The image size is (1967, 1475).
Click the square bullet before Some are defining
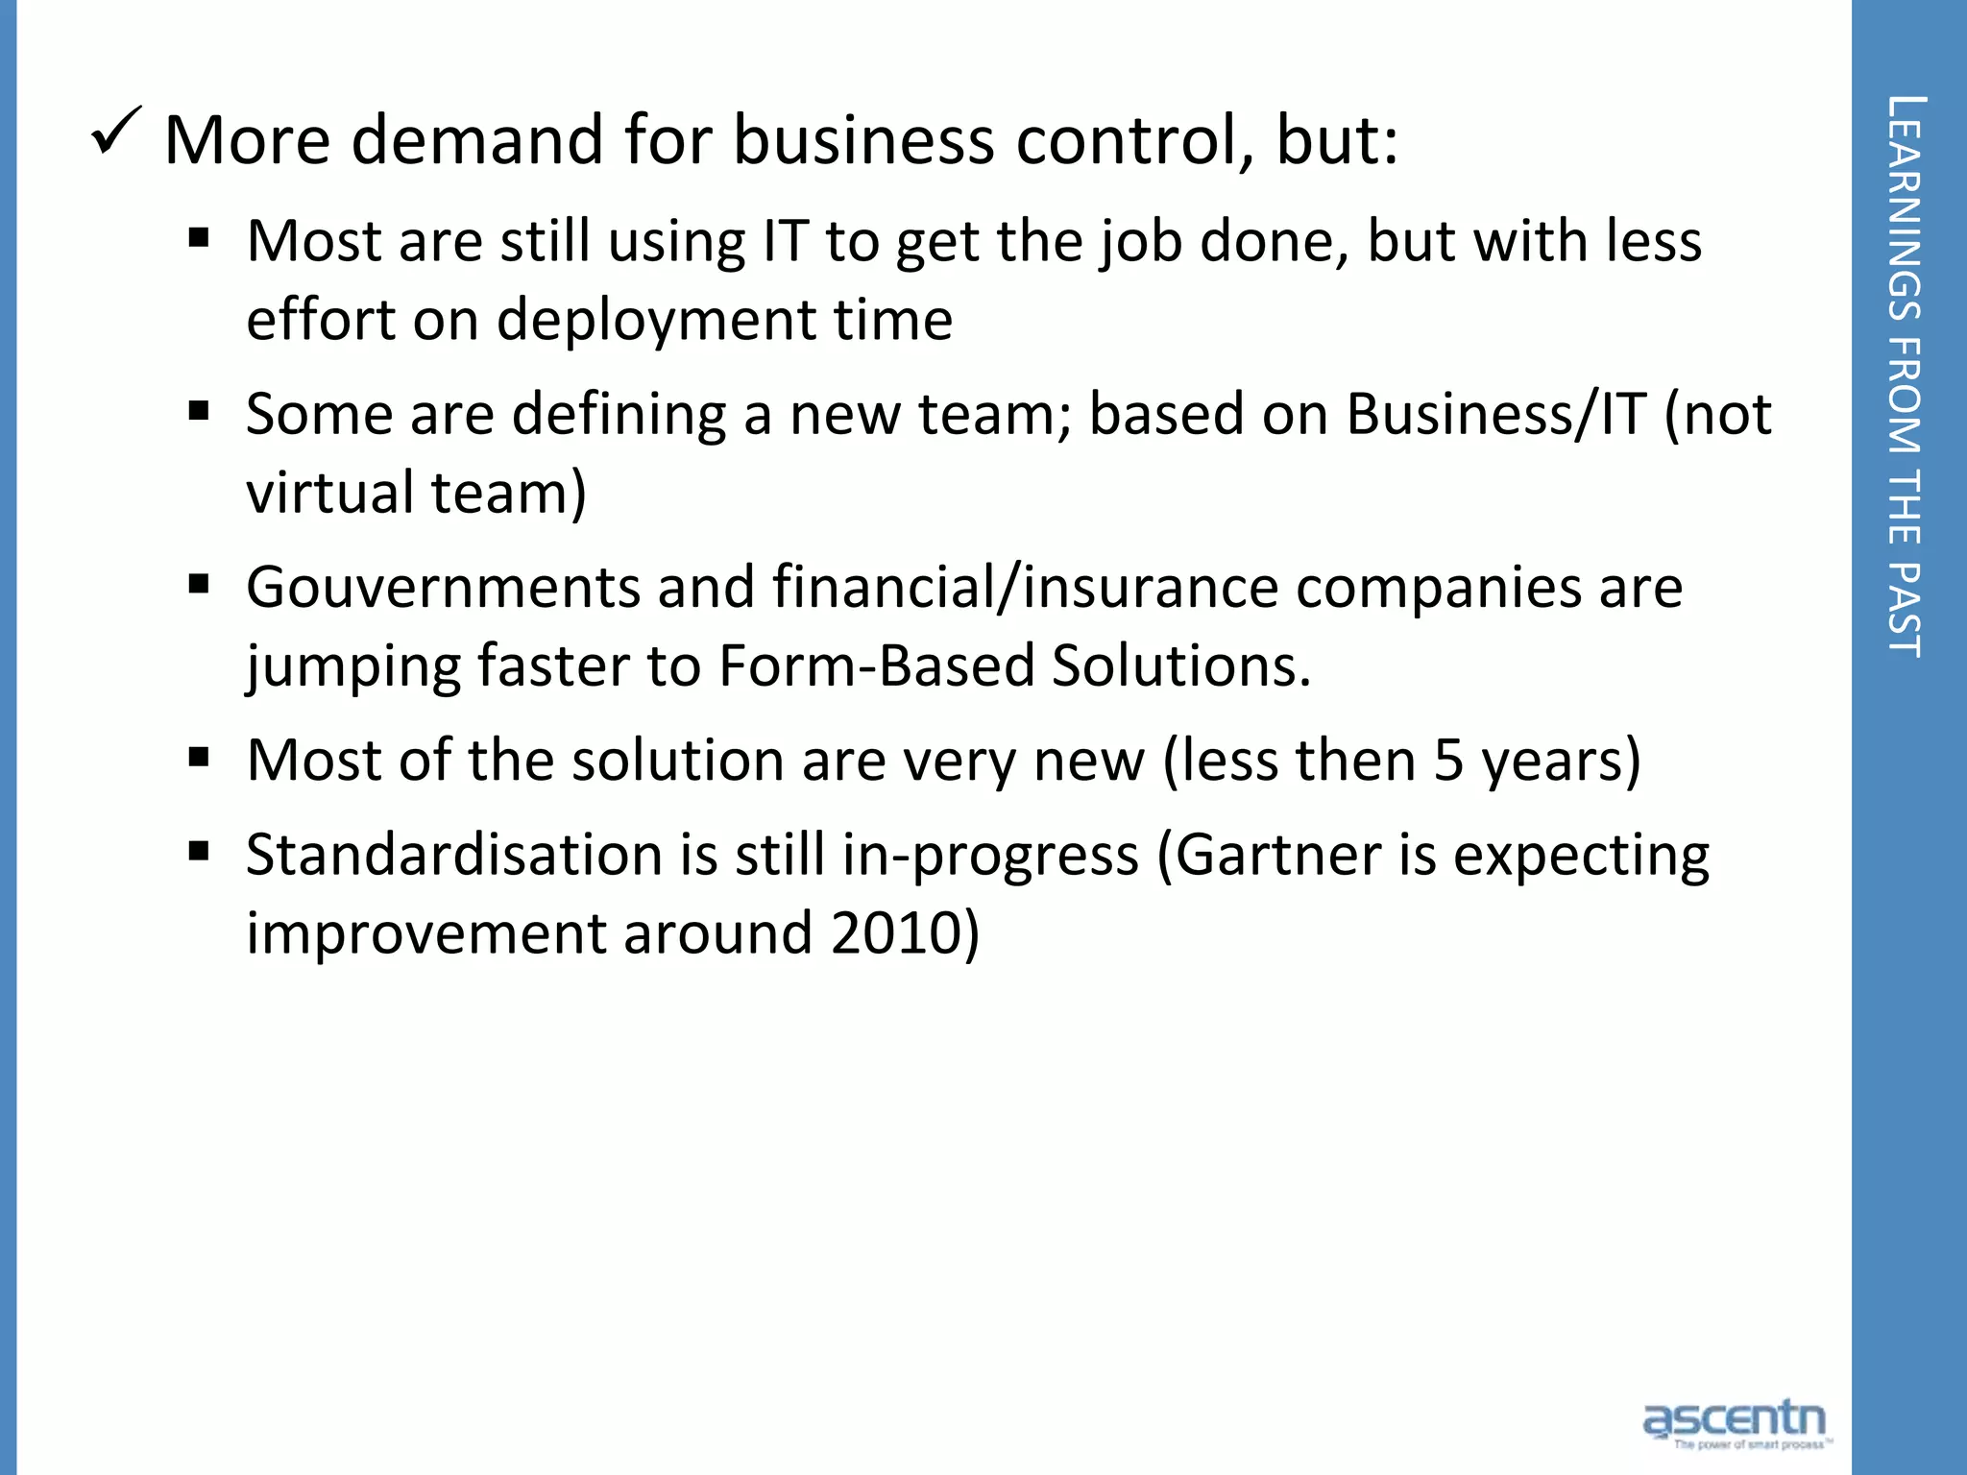pyautogui.click(x=199, y=412)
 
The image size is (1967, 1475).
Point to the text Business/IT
pyautogui.click(x=1496, y=415)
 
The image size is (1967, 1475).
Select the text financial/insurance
pyautogui.click(x=1025, y=588)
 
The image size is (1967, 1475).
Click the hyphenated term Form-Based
pyautogui.click(x=876, y=665)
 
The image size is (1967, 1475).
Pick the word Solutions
pyautogui.click(x=1181, y=665)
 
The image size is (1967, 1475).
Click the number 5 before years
pyautogui.click(x=1447, y=761)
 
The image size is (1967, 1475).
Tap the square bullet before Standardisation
pyautogui.click(x=199, y=852)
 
